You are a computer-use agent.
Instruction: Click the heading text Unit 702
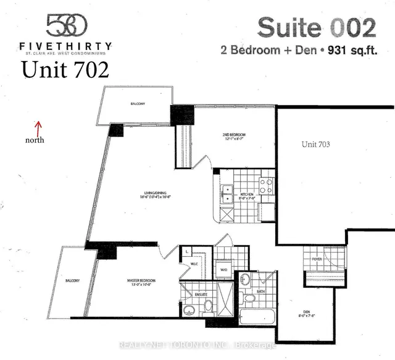(65, 70)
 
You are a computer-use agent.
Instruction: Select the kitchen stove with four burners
(266, 186)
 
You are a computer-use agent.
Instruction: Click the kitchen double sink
(227, 194)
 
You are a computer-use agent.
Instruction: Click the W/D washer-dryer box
(223, 269)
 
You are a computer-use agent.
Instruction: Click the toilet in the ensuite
(208, 306)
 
